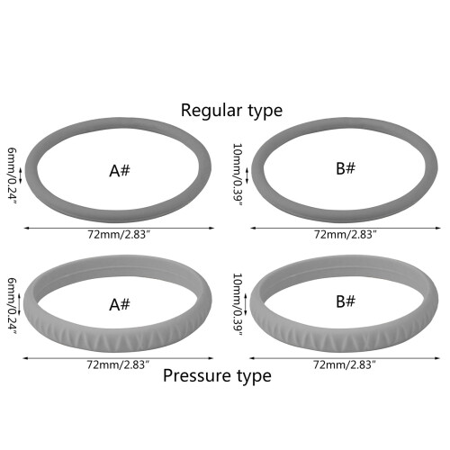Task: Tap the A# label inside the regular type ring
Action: pyautogui.click(x=120, y=171)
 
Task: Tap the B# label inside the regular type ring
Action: pyautogui.click(x=346, y=168)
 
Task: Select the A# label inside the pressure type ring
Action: pyautogui.click(x=120, y=304)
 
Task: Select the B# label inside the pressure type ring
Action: pyautogui.click(x=346, y=301)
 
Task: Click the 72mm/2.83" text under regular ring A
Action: pyautogui.click(x=119, y=234)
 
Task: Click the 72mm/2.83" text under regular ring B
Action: pyautogui.click(x=345, y=234)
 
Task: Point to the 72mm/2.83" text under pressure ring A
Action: pyautogui.click(x=118, y=364)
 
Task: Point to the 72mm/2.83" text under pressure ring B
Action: pyautogui.click(x=345, y=364)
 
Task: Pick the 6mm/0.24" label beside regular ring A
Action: pyautogui.click(x=12, y=175)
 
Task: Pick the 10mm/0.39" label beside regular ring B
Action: pyautogui.click(x=238, y=175)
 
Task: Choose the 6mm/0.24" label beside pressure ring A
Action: pyautogui.click(x=12, y=306)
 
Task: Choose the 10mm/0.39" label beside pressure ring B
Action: pyautogui.click(x=238, y=304)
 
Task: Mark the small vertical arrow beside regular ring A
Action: pyautogui.click(x=21, y=175)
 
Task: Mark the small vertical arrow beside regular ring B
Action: pyautogui.click(x=247, y=175)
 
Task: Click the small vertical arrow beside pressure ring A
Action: pyautogui.click(x=20, y=304)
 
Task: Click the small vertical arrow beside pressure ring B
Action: pyautogui.click(x=246, y=304)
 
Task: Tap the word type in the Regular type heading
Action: pyautogui.click(x=265, y=112)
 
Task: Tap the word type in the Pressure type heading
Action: pyautogui.click(x=254, y=376)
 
